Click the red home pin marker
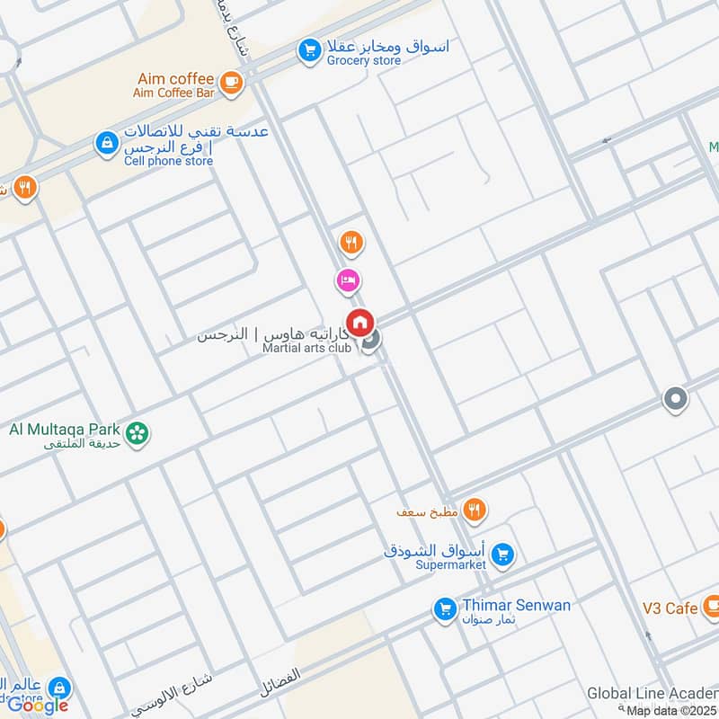click(x=360, y=322)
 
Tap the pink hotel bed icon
click(x=349, y=281)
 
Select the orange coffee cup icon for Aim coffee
click(x=232, y=82)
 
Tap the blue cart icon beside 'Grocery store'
click(x=310, y=50)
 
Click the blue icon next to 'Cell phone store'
click(x=107, y=143)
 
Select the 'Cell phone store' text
click(x=170, y=161)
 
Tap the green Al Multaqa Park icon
click(x=137, y=433)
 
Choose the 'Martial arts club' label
click(x=306, y=348)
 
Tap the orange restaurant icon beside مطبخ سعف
click(x=475, y=511)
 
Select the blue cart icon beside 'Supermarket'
click(x=502, y=555)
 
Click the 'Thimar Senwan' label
click(x=516, y=605)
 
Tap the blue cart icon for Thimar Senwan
click(x=444, y=609)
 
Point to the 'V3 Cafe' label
click(x=670, y=608)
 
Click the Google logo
click(x=38, y=705)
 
